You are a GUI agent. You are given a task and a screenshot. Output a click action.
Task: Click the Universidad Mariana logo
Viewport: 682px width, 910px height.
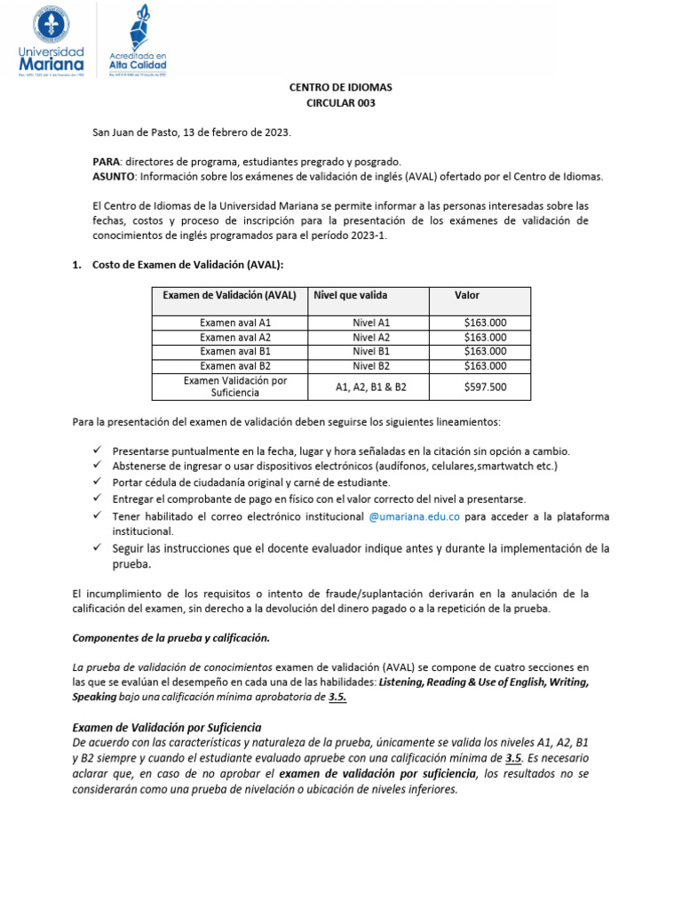point(52,42)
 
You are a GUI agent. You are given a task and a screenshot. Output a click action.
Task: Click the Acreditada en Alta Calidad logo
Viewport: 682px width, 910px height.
point(138,42)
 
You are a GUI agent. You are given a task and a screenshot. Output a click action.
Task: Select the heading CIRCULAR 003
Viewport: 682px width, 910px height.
point(341,103)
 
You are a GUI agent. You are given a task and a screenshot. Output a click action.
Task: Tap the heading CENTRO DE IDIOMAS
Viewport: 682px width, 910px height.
point(341,88)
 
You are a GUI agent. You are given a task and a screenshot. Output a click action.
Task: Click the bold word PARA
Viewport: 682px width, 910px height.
point(106,162)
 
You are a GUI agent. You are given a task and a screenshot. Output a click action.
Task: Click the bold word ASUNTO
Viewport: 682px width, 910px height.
point(113,176)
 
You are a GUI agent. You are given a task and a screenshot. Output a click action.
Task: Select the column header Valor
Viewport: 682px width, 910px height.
point(467,295)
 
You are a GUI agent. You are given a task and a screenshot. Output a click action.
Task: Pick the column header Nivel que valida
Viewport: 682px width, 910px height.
point(350,295)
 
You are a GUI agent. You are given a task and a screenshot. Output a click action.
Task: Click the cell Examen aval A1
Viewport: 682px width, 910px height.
point(235,323)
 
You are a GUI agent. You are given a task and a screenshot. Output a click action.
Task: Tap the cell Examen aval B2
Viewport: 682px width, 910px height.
point(235,366)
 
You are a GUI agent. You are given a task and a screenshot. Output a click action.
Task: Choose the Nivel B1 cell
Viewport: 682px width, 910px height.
point(370,352)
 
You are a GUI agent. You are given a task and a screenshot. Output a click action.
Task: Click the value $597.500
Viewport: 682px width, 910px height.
point(485,387)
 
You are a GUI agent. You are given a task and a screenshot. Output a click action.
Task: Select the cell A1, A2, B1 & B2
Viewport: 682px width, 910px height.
point(370,387)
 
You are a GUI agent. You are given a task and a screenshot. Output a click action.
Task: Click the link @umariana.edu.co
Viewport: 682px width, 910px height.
point(414,516)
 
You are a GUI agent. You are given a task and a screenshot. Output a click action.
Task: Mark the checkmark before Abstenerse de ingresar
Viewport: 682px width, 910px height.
point(98,466)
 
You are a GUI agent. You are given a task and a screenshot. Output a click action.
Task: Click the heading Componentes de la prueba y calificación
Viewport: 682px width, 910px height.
point(170,638)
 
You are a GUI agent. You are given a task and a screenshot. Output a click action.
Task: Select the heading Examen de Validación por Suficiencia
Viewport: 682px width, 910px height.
point(166,727)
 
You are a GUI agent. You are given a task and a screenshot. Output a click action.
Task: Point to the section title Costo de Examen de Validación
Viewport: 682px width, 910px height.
point(187,265)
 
